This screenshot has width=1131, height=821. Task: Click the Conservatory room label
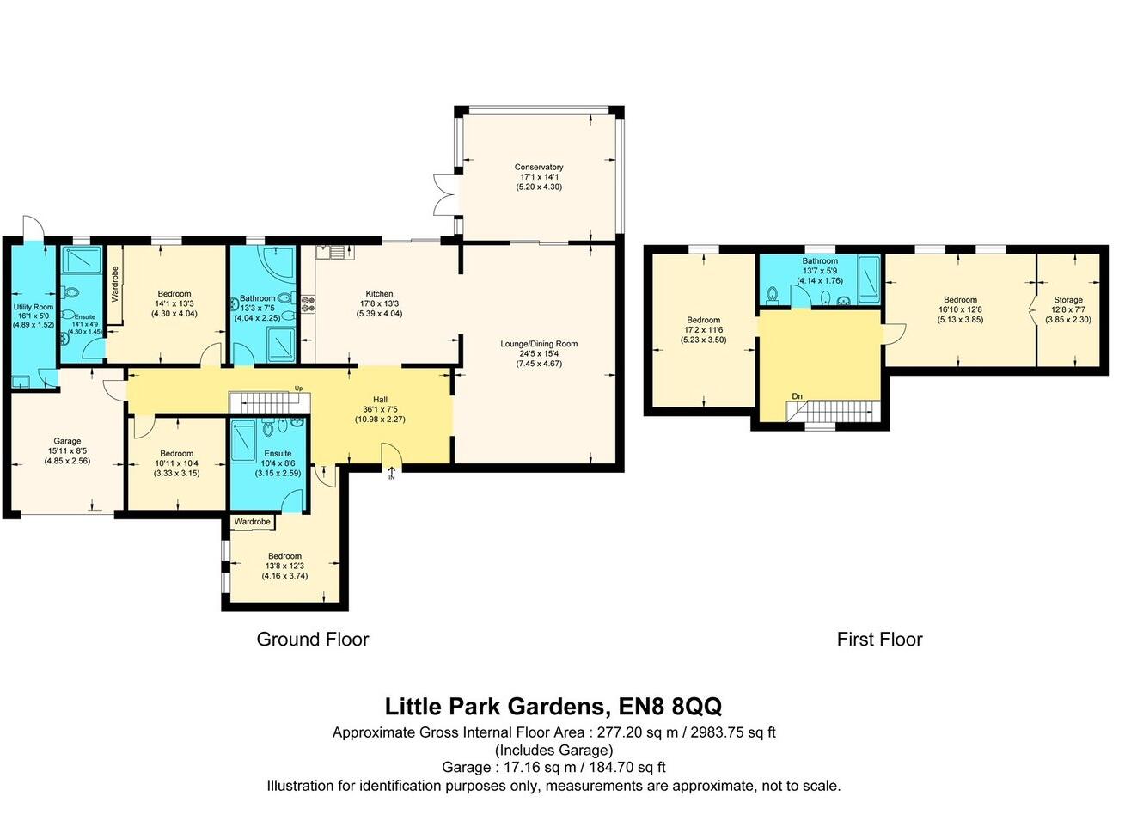pos(539,167)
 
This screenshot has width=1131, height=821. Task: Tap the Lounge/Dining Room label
pos(539,344)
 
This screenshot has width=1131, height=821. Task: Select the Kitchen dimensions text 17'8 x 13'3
pos(379,303)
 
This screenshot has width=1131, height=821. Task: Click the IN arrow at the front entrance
pos(392,473)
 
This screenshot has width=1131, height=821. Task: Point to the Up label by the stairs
pos(299,389)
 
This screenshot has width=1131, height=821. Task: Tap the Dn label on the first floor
pos(798,396)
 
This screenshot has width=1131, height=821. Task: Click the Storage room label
pos(1068,300)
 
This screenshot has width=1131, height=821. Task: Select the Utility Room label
pos(34,307)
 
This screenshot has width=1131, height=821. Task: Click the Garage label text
pos(67,441)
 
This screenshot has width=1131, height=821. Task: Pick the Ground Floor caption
pos(313,640)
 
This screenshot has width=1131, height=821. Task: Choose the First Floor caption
pos(879,640)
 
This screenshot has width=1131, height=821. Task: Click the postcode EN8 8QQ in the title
pos(670,706)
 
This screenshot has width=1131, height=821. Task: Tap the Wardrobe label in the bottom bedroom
pos(253,522)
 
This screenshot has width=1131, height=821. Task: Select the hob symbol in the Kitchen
pos(308,304)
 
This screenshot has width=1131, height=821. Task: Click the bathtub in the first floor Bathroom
pos(869,279)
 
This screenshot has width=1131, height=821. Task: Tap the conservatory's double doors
pos(443,194)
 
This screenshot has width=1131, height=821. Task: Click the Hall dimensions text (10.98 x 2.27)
pos(380,419)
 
